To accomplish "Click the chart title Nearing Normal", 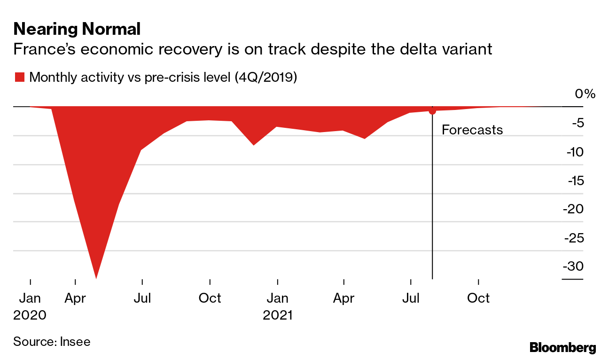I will pos(77,29).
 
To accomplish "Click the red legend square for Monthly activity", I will pos(19,78).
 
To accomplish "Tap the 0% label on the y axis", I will pos(585,94).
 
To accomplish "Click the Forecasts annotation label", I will pos(472,130).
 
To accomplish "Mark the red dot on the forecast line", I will pos(432,111).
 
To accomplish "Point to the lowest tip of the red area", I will pos(96,277).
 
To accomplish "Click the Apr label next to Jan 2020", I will pos(75,298).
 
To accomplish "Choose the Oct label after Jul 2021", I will pos(478,298).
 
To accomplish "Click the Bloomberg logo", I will pos(562,348).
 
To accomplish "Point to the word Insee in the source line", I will pos(75,342).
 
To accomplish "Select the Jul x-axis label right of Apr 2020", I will pos(142,298).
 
